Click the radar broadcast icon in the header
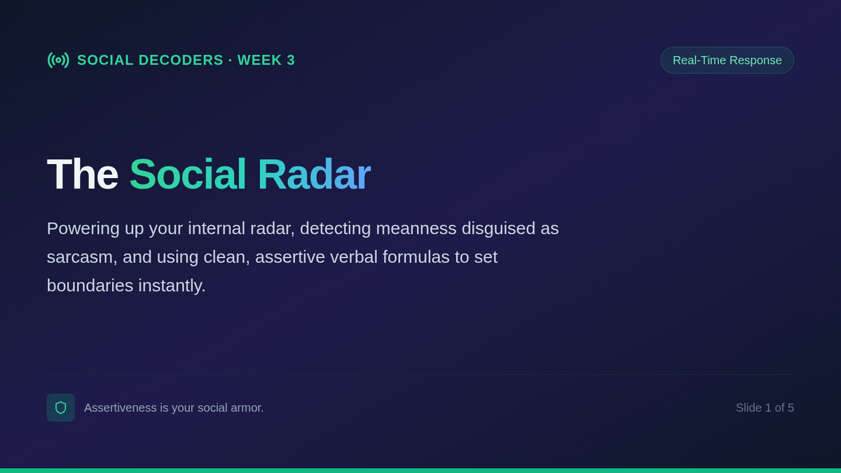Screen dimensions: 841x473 coord(58,60)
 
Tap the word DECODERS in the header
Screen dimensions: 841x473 coord(181,60)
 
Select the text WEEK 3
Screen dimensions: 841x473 coord(266,60)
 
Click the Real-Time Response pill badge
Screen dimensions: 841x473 coord(727,60)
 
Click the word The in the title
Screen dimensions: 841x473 coord(82,174)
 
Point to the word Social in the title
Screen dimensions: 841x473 coord(188,174)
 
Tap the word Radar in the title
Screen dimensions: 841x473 coord(314,174)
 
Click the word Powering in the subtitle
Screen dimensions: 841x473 coord(83,228)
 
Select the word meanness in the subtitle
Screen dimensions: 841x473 coord(416,228)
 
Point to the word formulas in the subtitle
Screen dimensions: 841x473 coord(416,256)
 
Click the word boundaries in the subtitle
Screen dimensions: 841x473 coord(90,286)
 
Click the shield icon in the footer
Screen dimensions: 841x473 coord(61,408)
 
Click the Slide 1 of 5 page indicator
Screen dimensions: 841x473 coord(765,408)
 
